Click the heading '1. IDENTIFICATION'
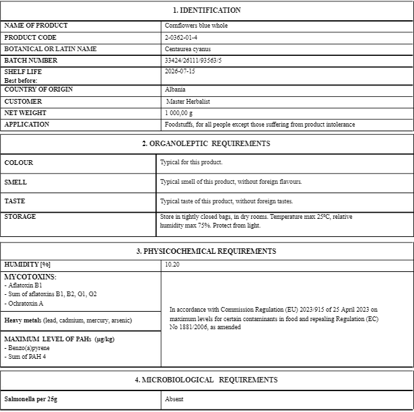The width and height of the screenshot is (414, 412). click(207, 10)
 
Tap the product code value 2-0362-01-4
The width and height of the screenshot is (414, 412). click(181, 37)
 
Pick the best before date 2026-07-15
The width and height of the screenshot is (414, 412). click(180, 71)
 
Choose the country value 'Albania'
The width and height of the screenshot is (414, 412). click(175, 90)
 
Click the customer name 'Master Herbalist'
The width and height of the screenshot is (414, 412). click(188, 102)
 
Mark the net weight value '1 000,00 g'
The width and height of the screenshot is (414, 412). click(179, 113)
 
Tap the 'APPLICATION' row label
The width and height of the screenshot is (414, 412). click(27, 125)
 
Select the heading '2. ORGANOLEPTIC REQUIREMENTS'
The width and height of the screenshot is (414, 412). click(206, 143)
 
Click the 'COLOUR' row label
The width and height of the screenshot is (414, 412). click(19, 163)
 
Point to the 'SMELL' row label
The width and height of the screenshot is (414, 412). click(16, 182)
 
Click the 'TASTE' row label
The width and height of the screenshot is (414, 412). click(16, 201)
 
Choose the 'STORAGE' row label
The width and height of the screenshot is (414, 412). click(20, 217)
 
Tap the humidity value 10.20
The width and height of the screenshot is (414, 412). click(172, 265)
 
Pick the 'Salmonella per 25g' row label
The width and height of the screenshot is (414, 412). click(31, 399)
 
